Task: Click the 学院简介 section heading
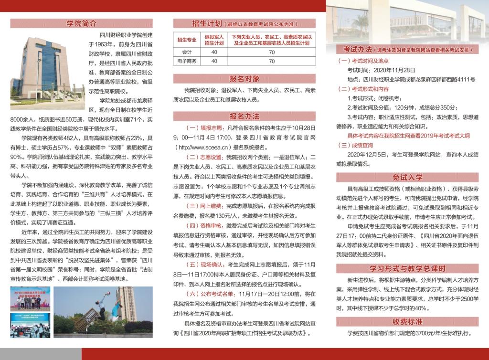pos(82,23)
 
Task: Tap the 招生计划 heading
pos(205,23)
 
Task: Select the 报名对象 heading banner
pos(244,79)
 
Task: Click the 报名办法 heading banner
pos(244,116)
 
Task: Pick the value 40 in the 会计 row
pos(214,52)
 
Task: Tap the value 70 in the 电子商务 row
pos(272,61)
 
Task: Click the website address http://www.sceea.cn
pos(205,147)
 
